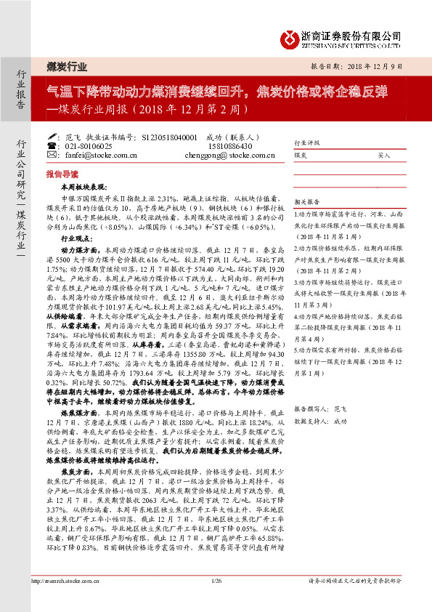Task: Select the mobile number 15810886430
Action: [x=227, y=145]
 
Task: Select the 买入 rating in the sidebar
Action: [x=383, y=155]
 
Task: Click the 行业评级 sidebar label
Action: [x=306, y=143]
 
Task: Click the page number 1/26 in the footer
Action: [x=216, y=600]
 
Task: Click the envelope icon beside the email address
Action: [x=50, y=155]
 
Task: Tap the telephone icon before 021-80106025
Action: [x=50, y=145]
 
